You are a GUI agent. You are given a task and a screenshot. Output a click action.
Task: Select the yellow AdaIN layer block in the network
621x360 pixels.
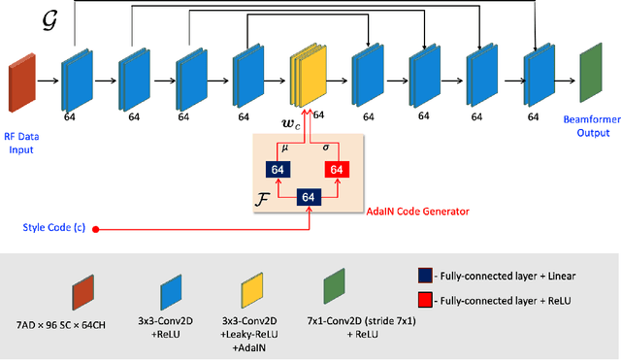click(304, 82)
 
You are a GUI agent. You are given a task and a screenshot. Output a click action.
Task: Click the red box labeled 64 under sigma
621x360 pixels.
click(336, 170)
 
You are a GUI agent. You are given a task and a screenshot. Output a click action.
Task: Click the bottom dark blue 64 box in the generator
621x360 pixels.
click(308, 197)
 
